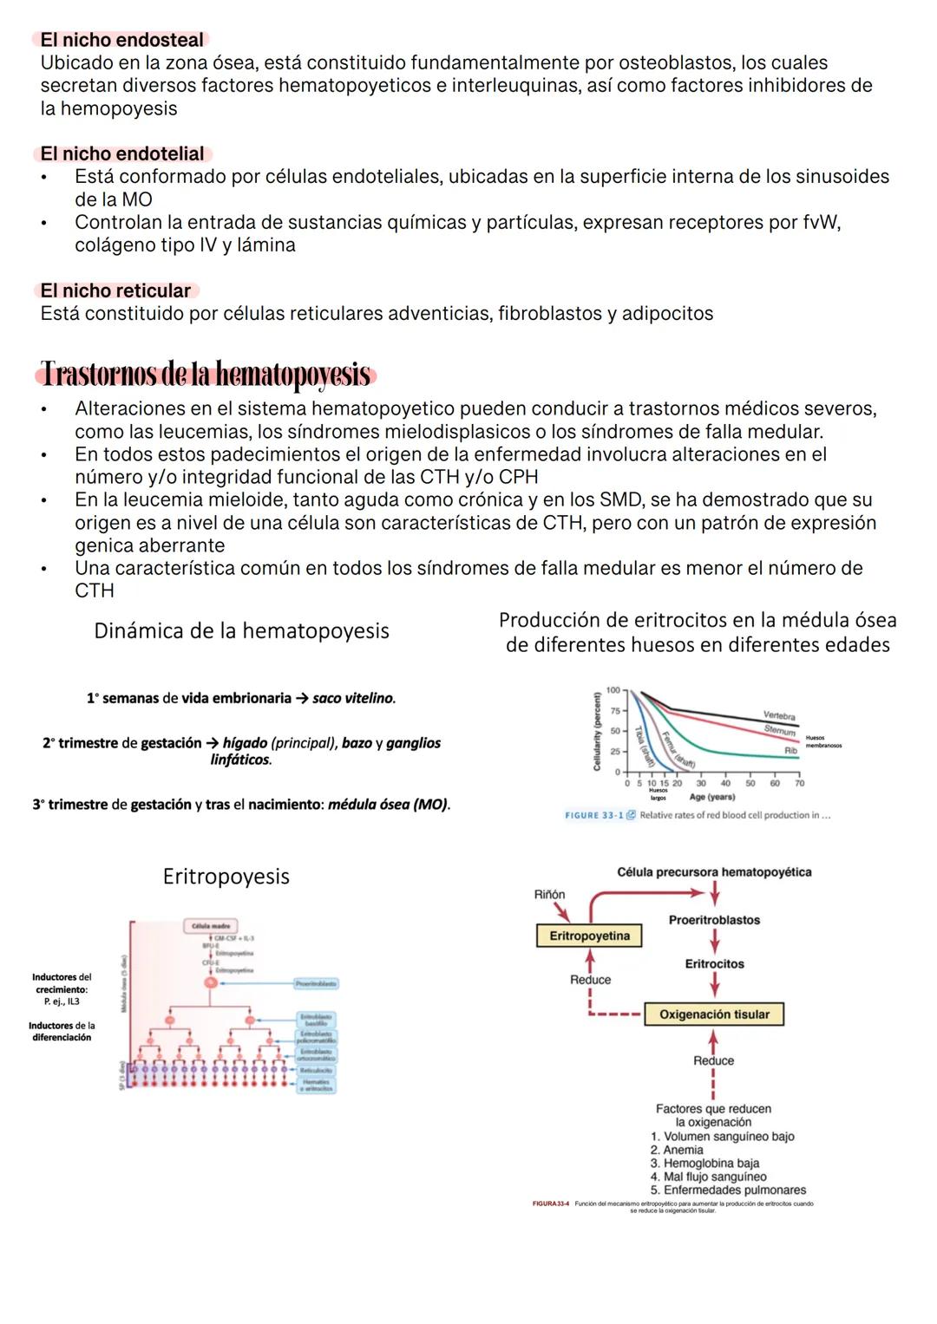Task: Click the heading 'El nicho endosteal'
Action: [121, 40]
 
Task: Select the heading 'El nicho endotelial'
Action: [122, 153]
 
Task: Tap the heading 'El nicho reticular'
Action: [115, 290]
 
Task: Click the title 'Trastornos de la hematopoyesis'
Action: [206, 375]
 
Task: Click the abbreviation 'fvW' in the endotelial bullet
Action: [821, 223]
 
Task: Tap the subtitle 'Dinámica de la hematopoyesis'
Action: [241, 630]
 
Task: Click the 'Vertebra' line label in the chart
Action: [778, 715]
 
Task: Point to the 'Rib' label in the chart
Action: [790, 750]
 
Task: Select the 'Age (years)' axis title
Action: [711, 797]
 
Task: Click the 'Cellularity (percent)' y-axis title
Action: [597, 731]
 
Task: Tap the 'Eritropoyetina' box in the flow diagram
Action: [590, 936]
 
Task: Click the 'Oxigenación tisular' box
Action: [714, 1014]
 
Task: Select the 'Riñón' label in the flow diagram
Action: [549, 894]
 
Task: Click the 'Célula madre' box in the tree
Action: [211, 926]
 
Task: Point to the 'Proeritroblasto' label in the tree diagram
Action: [316, 983]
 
